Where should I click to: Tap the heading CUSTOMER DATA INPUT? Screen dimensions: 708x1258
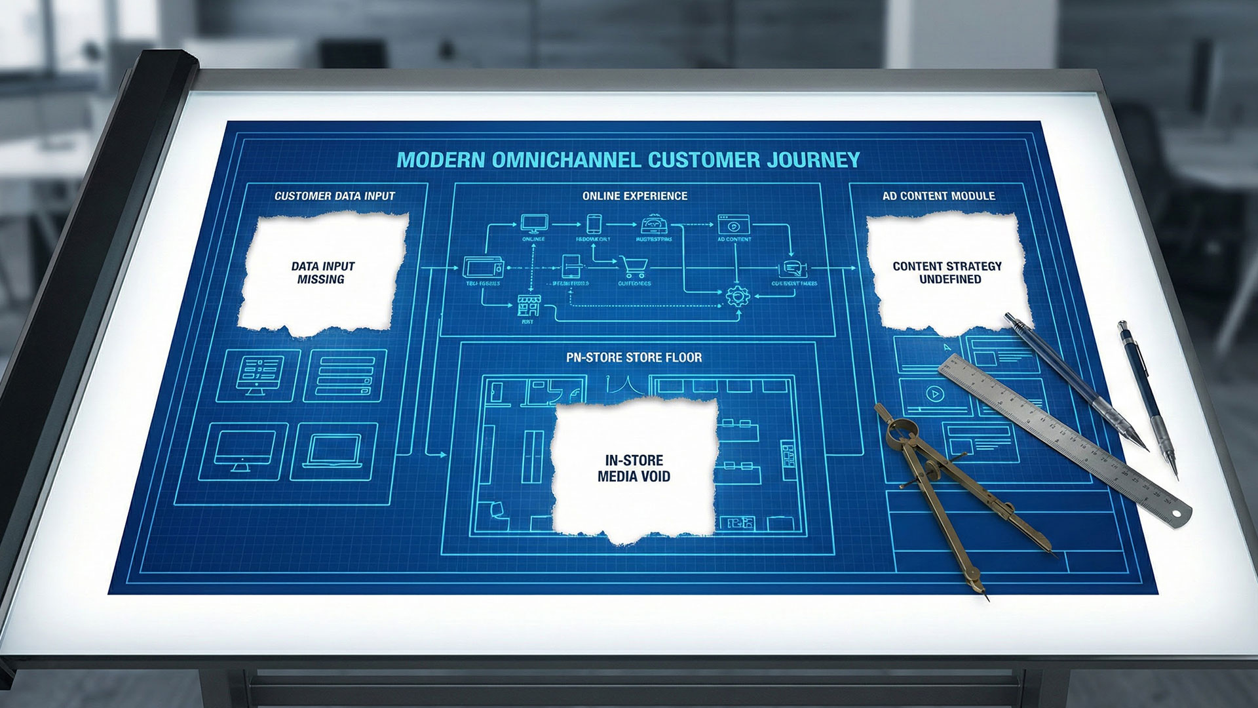(335, 196)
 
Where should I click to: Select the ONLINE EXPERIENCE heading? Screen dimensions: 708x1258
(634, 196)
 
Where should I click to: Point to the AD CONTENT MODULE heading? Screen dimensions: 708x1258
(938, 196)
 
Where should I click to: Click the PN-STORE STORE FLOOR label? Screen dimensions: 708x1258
(634, 358)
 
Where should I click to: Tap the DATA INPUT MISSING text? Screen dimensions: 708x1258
(322, 273)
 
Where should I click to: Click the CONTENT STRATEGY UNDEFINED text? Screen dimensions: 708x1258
(947, 273)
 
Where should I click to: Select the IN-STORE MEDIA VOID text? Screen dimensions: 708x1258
(634, 468)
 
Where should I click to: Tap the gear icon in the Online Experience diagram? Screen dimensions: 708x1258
(738, 296)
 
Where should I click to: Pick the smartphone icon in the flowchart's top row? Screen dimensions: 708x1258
(594, 224)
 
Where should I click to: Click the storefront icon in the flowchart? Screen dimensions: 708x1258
(527, 305)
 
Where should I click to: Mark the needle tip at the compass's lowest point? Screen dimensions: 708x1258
(986, 598)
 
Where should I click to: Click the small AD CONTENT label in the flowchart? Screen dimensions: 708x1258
(734, 240)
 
